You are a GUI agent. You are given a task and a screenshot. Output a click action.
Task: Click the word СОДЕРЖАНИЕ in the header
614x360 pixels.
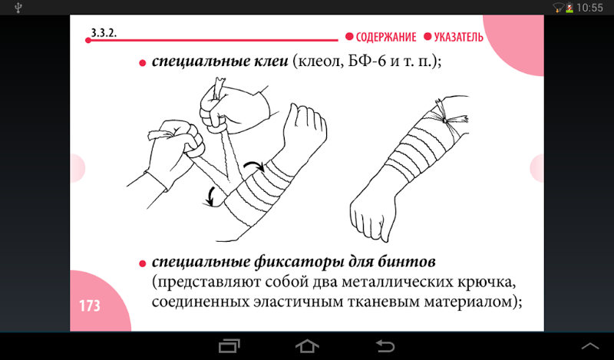pyautogui.click(x=386, y=37)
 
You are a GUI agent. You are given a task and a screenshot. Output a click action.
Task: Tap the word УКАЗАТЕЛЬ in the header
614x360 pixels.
pyautogui.click(x=458, y=37)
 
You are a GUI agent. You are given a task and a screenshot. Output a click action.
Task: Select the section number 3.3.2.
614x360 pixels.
pyautogui.click(x=104, y=33)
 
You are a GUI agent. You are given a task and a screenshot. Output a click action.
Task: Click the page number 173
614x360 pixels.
pyautogui.click(x=90, y=306)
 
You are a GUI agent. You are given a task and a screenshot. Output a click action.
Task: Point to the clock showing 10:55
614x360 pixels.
pyautogui.click(x=589, y=8)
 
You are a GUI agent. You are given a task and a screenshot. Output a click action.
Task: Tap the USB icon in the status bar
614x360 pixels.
pyautogui.click(x=18, y=8)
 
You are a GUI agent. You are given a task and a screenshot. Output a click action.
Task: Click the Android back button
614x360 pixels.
pyautogui.click(x=385, y=346)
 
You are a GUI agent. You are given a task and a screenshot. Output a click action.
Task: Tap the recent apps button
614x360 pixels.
pyautogui.click(x=229, y=346)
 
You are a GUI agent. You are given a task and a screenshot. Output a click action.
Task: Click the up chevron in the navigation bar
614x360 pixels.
pyautogui.click(x=590, y=346)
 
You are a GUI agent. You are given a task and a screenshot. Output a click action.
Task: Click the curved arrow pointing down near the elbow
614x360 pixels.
pyautogui.click(x=212, y=197)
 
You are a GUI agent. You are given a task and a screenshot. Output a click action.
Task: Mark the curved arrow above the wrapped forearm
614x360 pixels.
pyautogui.click(x=254, y=166)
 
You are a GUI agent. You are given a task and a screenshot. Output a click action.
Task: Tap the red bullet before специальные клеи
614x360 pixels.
pyautogui.click(x=143, y=63)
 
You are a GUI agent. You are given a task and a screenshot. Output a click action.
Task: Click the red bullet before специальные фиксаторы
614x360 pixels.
pyautogui.click(x=143, y=263)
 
